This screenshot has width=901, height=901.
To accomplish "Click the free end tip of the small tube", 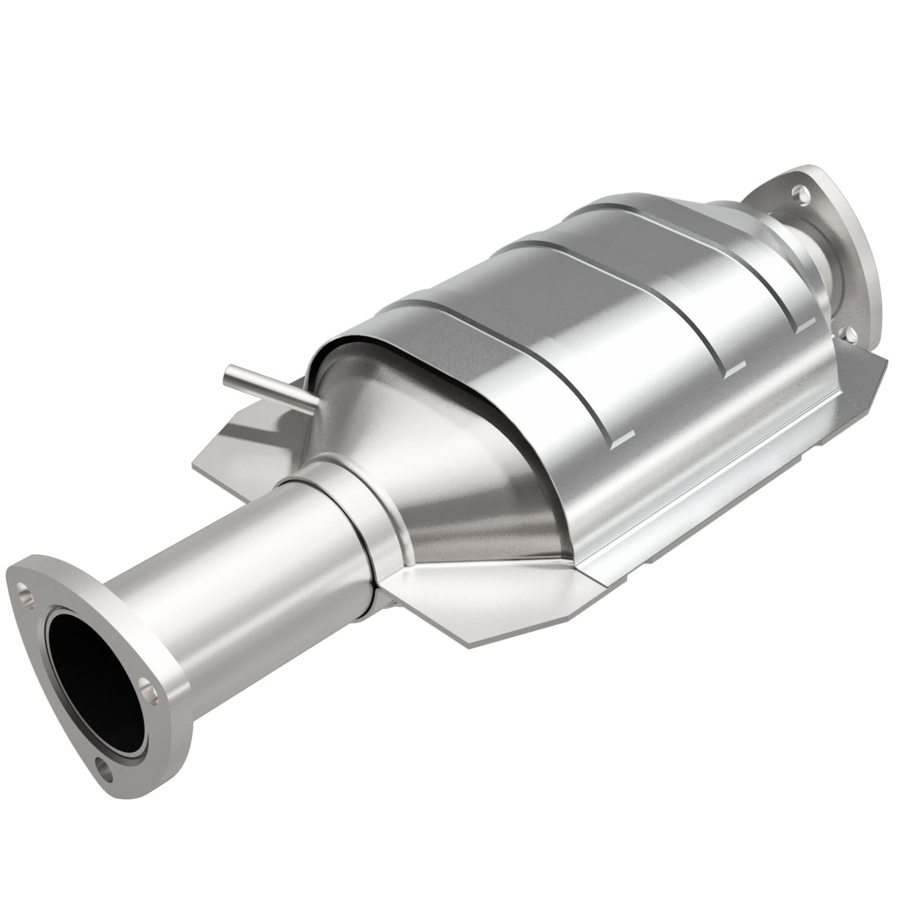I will (x=228, y=375).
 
